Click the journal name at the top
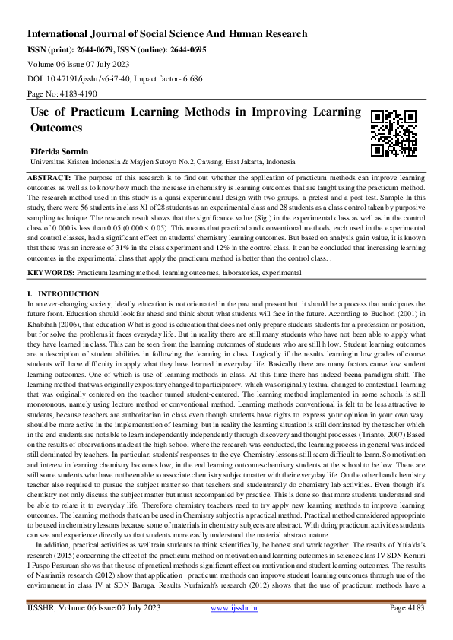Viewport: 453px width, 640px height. click(167, 34)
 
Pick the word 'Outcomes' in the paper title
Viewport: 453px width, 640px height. click(56, 128)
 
